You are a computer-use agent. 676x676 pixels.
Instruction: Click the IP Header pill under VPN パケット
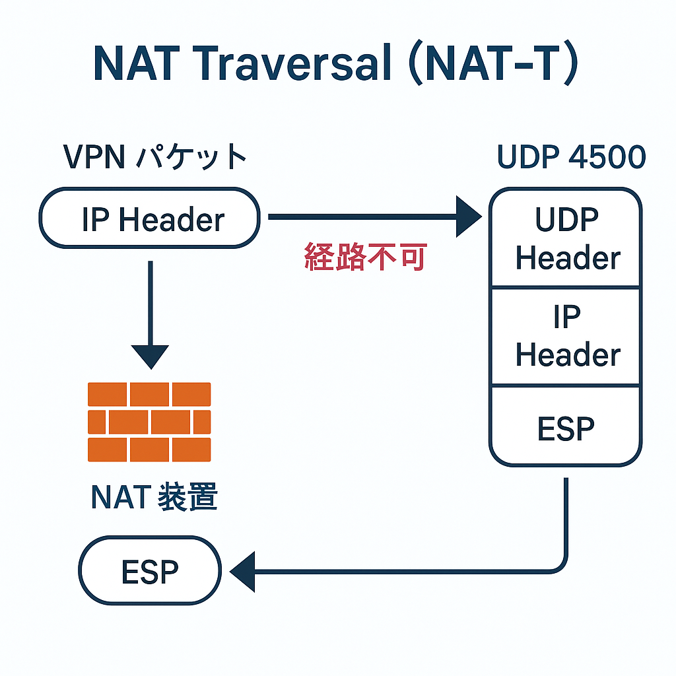pos(150,219)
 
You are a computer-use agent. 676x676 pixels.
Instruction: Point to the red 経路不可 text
pos(365,257)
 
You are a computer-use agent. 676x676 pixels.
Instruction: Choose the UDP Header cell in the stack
pos(566,239)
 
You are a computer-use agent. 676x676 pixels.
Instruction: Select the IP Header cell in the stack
pos(566,337)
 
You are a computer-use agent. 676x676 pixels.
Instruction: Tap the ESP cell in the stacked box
pos(566,428)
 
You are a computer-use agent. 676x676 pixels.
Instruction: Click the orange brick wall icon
pos(149,421)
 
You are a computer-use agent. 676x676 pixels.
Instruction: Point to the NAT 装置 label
pos(154,498)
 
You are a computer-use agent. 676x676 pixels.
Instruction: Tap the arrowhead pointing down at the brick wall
pos(151,356)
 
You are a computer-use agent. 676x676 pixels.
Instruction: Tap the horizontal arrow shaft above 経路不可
pos(363,216)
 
